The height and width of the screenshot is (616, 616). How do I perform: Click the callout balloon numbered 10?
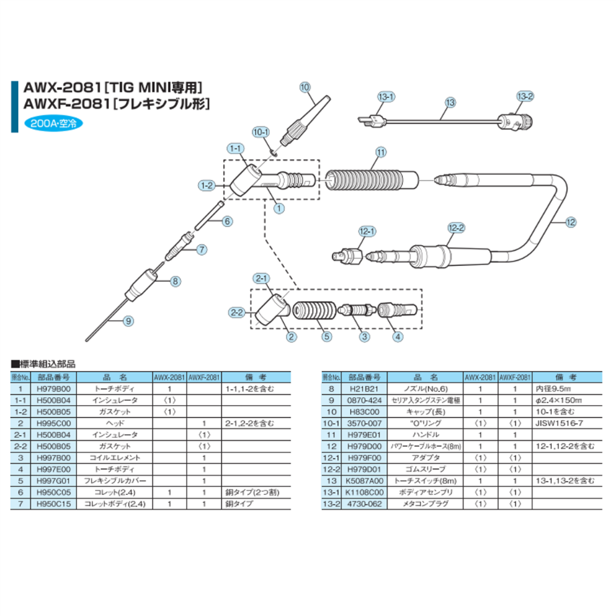305,87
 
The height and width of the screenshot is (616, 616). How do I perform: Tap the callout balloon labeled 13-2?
525,96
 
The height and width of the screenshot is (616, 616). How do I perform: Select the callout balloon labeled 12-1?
367,232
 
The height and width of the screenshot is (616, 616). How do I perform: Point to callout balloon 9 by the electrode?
128,321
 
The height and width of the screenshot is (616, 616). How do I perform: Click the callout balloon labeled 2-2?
237,313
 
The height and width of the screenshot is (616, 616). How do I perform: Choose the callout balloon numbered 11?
381,152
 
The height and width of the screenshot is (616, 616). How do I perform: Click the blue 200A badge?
54,123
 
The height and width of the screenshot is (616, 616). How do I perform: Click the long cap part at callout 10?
305,121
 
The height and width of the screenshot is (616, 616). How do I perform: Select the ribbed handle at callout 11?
371,180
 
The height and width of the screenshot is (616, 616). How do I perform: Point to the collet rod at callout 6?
210,216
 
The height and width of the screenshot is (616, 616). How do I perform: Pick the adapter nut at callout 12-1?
347,256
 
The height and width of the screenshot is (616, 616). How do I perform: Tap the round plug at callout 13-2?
515,122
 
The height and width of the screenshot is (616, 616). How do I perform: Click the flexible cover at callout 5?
315,311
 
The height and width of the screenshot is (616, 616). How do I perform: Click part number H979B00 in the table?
54,389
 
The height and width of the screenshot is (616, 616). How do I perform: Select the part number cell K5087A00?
364,481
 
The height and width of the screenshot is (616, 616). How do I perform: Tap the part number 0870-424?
364,400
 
